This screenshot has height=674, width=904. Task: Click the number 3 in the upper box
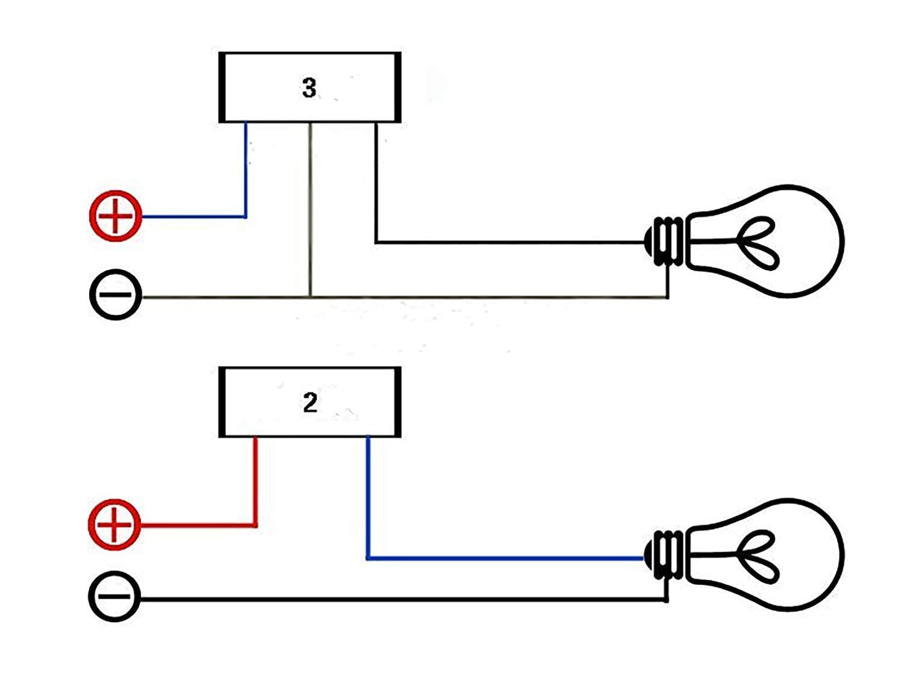[309, 88]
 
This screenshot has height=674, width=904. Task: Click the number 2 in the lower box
[310, 403]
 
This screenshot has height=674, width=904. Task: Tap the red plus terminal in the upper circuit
[116, 216]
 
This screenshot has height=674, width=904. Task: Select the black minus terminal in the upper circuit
[116, 295]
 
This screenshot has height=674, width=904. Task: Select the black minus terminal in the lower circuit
[115, 597]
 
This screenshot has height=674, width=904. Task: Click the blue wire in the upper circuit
[246, 175]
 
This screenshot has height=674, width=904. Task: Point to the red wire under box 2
[256, 482]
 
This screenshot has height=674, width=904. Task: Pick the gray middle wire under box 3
[310, 211]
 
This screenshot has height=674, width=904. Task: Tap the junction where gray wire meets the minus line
[310, 297]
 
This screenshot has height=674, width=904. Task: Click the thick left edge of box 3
[222, 87]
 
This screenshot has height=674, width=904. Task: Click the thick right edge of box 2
[397, 402]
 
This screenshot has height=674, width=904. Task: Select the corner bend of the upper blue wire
[246, 216]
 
